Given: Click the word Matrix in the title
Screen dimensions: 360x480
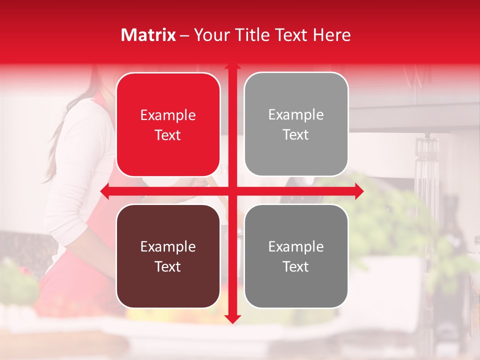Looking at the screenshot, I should click(x=148, y=35).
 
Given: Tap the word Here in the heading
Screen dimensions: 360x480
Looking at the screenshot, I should click(x=331, y=35).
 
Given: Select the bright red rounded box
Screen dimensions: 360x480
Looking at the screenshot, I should click(x=168, y=125).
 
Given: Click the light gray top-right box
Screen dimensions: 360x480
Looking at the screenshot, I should click(x=296, y=124).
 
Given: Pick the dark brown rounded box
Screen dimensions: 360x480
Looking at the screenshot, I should click(x=168, y=256).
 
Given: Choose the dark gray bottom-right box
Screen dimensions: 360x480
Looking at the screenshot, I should click(x=296, y=256).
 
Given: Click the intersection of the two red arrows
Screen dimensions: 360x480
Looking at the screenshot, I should click(x=232, y=191).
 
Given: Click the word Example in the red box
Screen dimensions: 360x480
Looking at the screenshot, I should click(x=168, y=115).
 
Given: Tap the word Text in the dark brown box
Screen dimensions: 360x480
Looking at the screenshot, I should click(x=168, y=266).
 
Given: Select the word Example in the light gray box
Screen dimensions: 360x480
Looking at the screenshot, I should click(x=296, y=115).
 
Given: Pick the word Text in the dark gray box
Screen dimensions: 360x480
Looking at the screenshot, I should click(x=296, y=266).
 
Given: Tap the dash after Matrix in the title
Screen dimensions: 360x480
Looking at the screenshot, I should click(x=184, y=35).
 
